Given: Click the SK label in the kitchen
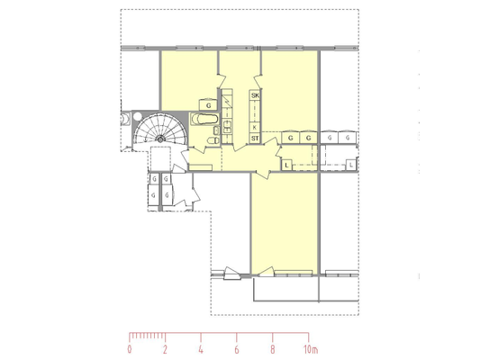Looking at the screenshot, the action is (x=255, y=95).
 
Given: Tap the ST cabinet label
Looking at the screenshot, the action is (x=255, y=139).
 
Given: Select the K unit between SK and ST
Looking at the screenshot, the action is (x=255, y=128).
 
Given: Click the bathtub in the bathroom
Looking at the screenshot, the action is (x=204, y=119).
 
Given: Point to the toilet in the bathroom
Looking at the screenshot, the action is (x=213, y=140).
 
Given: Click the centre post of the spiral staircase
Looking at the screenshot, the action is (x=160, y=139).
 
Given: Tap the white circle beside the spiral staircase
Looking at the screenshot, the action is (x=138, y=116).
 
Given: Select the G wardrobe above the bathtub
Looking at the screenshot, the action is (x=208, y=105).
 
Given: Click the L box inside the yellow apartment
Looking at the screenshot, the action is (x=286, y=166).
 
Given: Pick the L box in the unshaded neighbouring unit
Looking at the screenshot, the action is (x=351, y=166).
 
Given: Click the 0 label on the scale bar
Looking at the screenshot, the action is (x=130, y=349).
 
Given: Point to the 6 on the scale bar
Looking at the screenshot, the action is (x=237, y=349).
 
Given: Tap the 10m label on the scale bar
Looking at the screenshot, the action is (x=311, y=349).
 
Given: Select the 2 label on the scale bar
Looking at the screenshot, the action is (x=165, y=349).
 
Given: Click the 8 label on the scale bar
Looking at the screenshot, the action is (x=273, y=349).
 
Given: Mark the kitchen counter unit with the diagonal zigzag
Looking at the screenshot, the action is (x=227, y=101).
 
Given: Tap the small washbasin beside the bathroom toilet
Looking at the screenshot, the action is (x=216, y=130).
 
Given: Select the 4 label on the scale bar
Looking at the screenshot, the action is (x=201, y=349).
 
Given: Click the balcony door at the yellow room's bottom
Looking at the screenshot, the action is (x=266, y=272).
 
